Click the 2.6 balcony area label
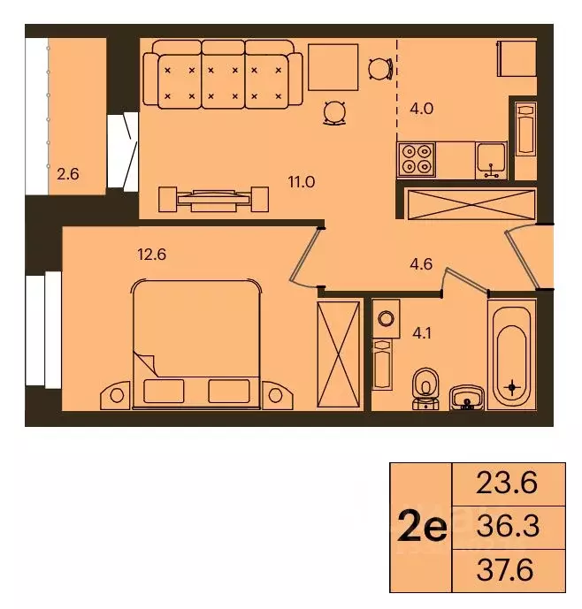[68, 173]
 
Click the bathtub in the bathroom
[512, 353]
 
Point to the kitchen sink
[491, 158]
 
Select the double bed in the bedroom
[196, 346]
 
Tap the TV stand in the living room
[212, 198]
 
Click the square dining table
[332, 67]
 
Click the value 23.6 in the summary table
[507, 484]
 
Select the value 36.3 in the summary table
[507, 528]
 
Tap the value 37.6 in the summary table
[507, 571]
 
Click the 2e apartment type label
[420, 528]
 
